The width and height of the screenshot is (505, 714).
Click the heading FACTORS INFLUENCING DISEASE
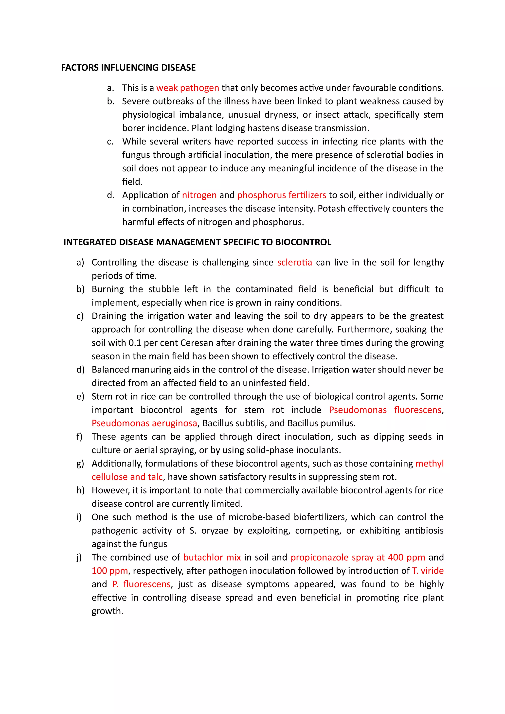coord(128,68)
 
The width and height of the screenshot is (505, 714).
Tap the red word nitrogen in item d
coord(199,195)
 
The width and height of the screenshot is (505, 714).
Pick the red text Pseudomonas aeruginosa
coord(144,423)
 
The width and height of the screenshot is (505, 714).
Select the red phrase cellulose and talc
coord(127,477)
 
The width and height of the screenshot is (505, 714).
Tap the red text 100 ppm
coord(110,571)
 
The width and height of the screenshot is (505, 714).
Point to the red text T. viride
coord(428,571)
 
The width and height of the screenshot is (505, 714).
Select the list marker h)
coord(80,490)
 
